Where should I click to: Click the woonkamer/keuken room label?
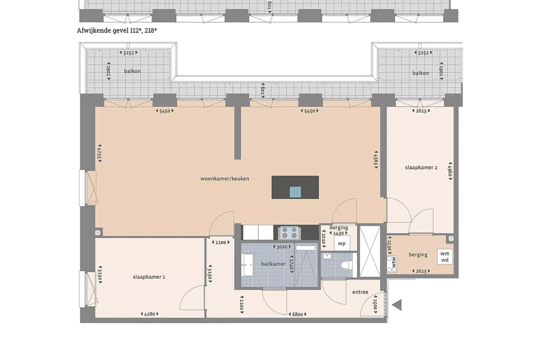click(224, 179)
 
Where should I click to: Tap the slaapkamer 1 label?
click(149, 277)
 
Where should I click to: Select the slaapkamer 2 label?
click(421, 168)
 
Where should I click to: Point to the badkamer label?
click(273, 264)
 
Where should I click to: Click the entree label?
click(360, 292)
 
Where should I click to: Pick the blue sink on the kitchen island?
click(295, 192)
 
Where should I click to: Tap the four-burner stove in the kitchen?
click(290, 233)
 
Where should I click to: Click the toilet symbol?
click(345, 265)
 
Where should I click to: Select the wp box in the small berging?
click(342, 244)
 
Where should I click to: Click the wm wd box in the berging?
click(445, 257)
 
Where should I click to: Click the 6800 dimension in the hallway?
click(297, 314)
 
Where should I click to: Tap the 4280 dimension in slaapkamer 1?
click(150, 314)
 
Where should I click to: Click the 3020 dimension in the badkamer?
click(282, 247)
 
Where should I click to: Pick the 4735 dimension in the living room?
click(100, 153)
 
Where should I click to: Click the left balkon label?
click(133, 71)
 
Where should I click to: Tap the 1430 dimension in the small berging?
click(338, 233)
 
